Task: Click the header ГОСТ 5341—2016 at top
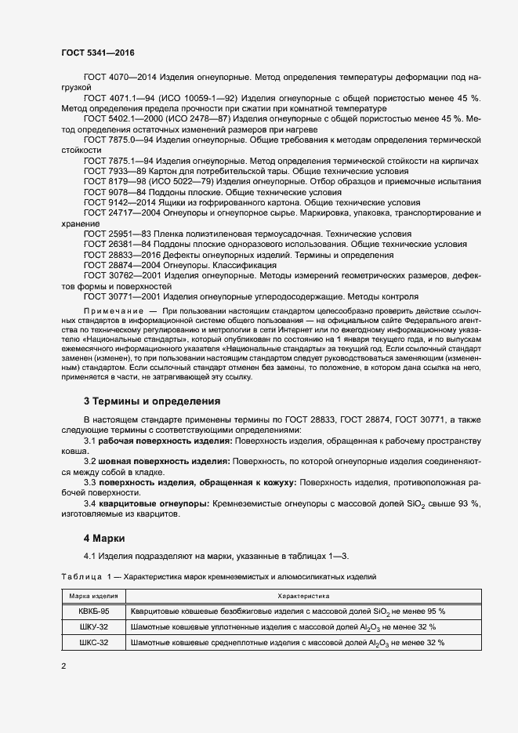coord(97,53)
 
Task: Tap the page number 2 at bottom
coord(63,666)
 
